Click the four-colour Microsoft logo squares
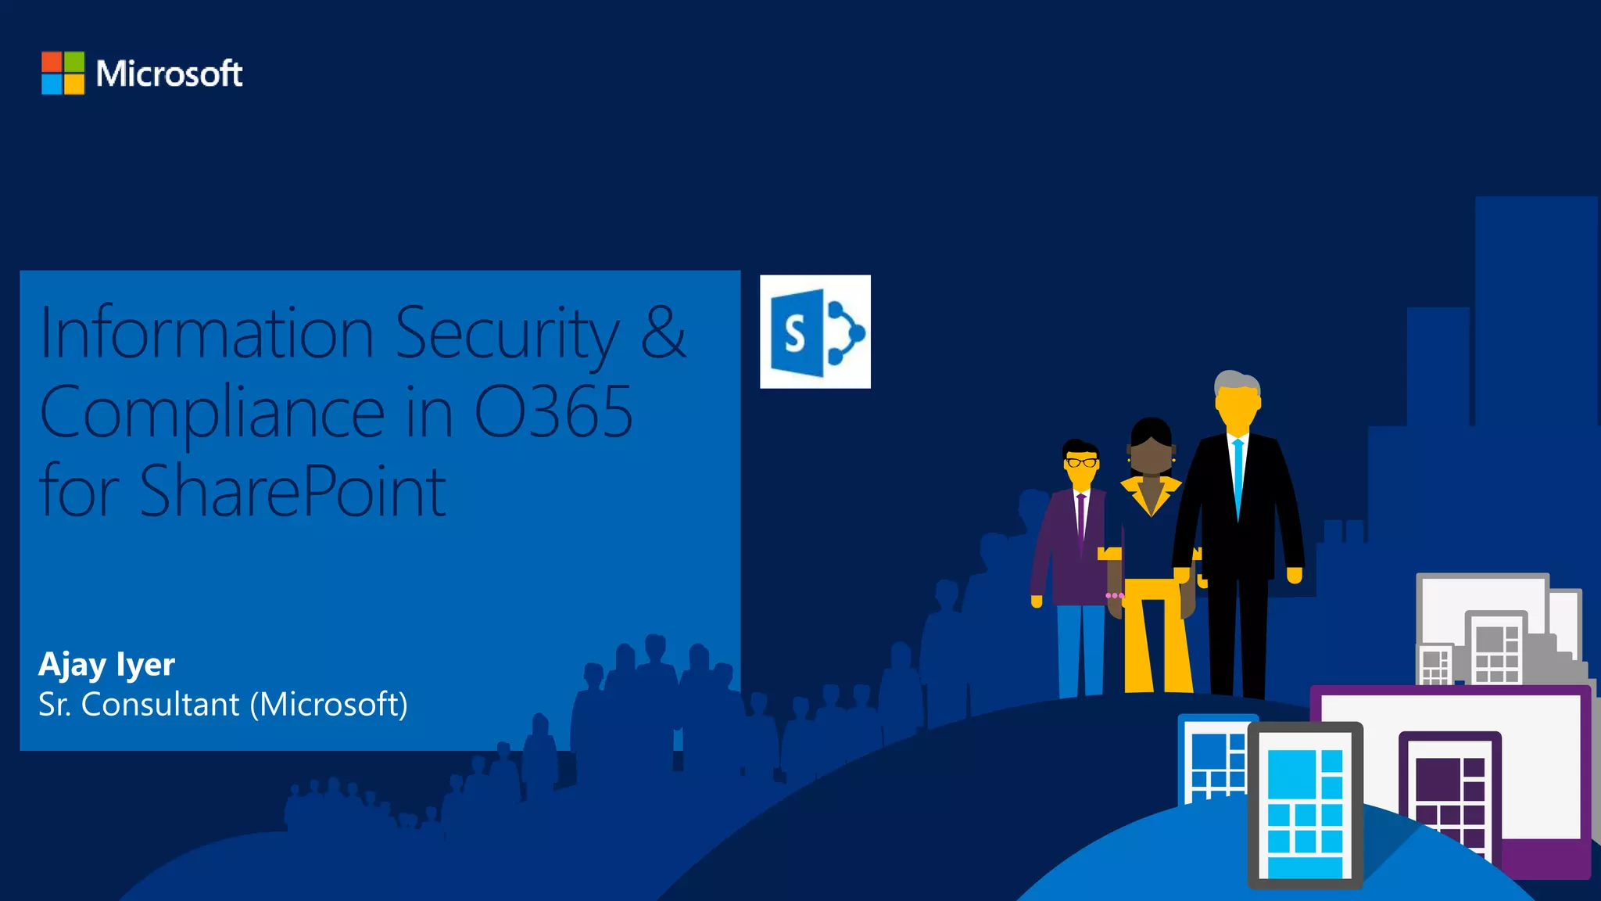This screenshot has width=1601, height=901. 63,73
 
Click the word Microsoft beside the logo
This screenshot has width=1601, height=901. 169,74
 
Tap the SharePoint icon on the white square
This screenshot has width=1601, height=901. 815,332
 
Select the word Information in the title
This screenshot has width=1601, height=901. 207,334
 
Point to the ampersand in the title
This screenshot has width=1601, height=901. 663,332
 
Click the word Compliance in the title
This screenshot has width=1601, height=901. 212,413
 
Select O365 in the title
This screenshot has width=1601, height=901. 553,411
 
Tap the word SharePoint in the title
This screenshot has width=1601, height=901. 292,491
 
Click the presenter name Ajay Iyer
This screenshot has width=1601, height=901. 106,664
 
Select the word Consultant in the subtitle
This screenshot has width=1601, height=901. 160,704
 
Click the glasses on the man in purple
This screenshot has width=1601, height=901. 1081,462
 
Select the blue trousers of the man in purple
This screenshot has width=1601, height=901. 1080,649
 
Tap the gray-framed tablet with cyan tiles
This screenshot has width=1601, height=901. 1305,806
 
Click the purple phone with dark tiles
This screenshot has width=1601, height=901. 1450,798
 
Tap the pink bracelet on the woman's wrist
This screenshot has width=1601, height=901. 1114,596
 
